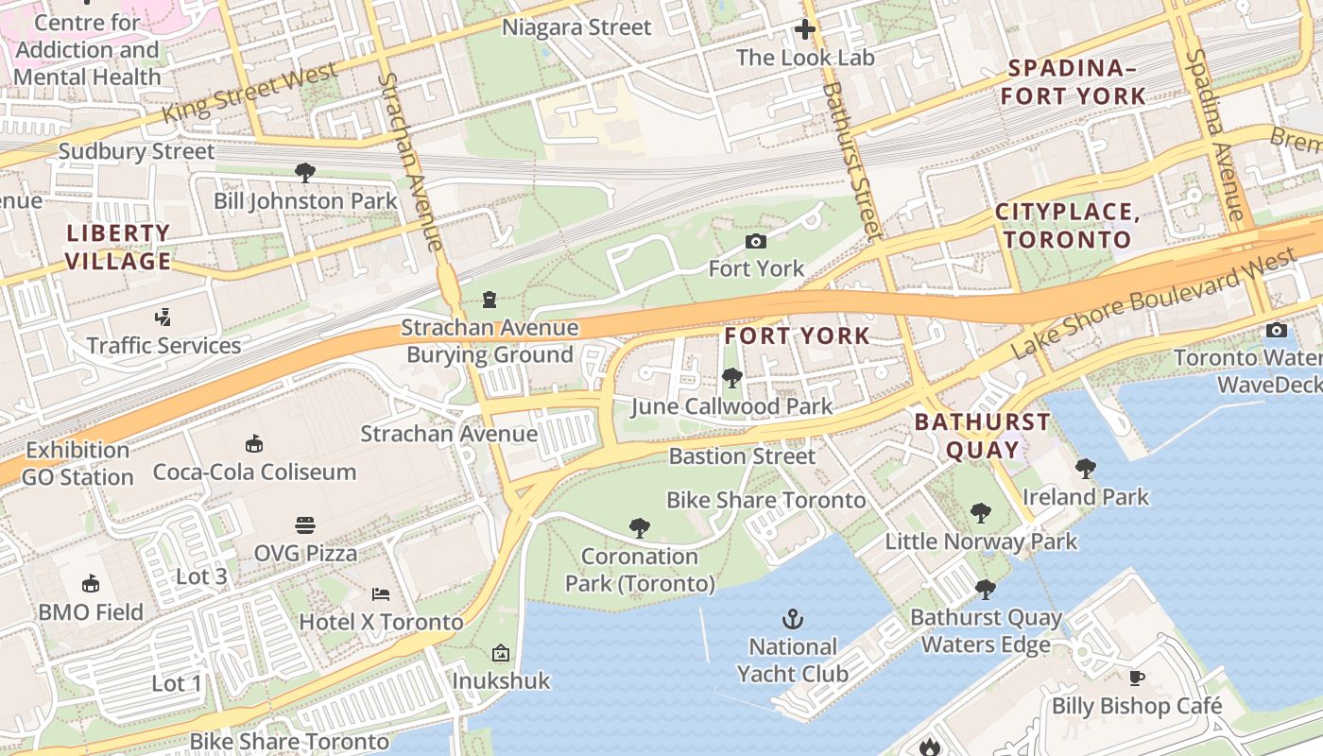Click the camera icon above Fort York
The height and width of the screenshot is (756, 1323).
[x=756, y=242]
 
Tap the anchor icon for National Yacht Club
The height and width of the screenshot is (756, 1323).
[x=793, y=620]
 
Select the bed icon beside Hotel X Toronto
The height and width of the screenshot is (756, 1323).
[x=380, y=594]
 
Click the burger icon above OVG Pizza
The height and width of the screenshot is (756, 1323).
[x=305, y=525]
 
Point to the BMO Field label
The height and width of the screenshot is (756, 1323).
[x=91, y=612]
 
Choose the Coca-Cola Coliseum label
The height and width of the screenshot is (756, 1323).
[x=254, y=472]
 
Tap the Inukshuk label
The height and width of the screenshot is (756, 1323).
[x=501, y=680]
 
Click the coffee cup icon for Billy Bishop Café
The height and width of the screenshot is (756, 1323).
[x=1137, y=678]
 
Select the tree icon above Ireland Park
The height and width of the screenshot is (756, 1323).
[x=1086, y=468]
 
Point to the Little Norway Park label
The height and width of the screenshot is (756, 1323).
[x=981, y=541]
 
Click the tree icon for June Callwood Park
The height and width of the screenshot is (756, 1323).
[x=731, y=379]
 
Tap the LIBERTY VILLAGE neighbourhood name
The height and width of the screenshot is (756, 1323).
[x=119, y=247]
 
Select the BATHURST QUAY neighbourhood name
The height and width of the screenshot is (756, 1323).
[x=982, y=436]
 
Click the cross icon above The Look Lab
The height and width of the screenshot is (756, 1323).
[x=805, y=30]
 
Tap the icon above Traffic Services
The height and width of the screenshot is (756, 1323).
[x=164, y=318]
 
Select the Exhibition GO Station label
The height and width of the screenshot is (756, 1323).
[x=77, y=463]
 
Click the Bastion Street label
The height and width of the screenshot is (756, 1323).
[x=742, y=456]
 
